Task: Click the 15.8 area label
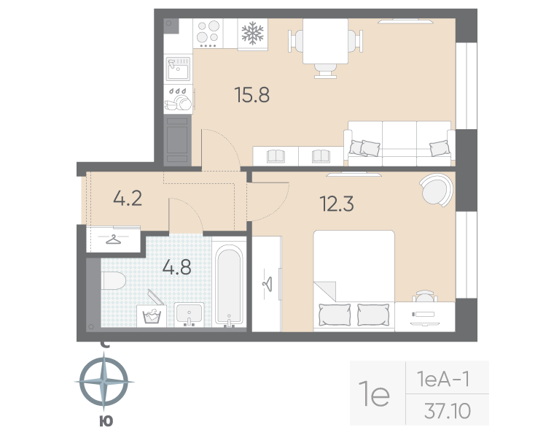(252, 95)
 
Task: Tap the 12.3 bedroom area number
(336, 204)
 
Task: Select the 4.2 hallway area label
(128, 198)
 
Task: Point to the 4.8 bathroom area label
(176, 266)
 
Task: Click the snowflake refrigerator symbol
(253, 34)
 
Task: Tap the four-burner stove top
(208, 34)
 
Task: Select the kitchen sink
(178, 69)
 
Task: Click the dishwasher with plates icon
(178, 99)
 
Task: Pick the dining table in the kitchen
(325, 41)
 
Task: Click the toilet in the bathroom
(113, 281)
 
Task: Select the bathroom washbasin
(189, 314)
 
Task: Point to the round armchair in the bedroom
(437, 190)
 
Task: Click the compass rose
(104, 382)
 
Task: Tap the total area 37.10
(448, 411)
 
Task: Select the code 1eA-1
(443, 380)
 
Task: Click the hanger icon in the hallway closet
(114, 239)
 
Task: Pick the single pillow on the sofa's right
(440, 147)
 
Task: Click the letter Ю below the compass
(106, 421)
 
